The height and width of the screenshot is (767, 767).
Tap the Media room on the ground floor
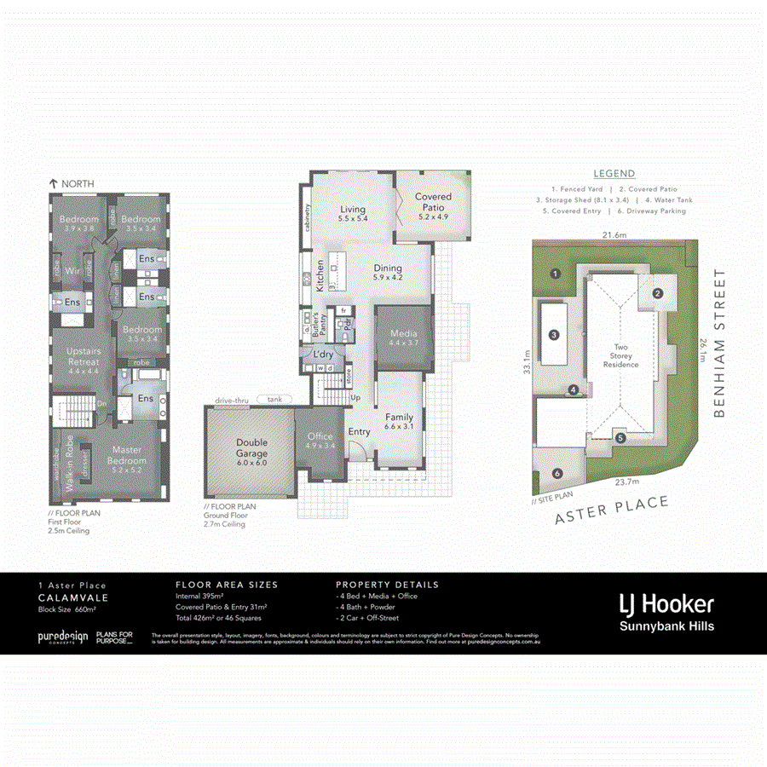click(402, 337)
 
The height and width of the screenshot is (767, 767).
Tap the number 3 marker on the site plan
click(554, 335)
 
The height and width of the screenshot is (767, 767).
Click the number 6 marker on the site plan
click(557, 474)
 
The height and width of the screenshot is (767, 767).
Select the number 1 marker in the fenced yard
click(554, 274)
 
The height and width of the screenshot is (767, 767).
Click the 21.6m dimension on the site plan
click(615, 234)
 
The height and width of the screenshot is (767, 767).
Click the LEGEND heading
click(614, 174)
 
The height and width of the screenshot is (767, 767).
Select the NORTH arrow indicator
click(72, 183)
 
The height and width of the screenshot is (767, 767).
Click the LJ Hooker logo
click(666, 605)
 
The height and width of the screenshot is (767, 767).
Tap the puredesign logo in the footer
click(62, 637)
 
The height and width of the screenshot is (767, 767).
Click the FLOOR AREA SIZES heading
click(226, 585)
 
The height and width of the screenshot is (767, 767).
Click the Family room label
click(399, 421)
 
